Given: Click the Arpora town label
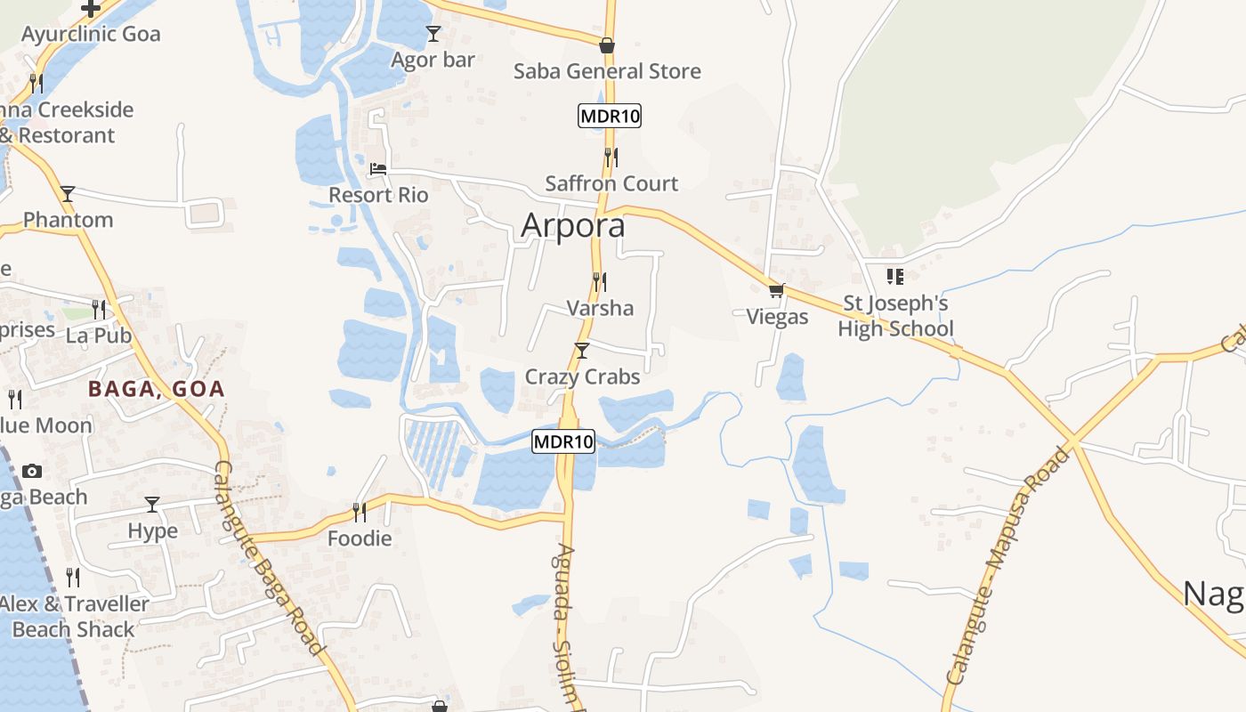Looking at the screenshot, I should [x=572, y=226].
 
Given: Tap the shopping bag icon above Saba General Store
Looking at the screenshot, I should [x=607, y=45].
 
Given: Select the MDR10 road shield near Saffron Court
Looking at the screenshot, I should [x=610, y=116].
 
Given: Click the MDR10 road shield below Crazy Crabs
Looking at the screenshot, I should [x=563, y=441].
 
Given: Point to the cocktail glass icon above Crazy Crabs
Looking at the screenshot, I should [x=582, y=351].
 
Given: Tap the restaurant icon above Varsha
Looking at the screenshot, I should [x=600, y=282].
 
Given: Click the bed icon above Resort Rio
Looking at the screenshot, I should [x=378, y=169].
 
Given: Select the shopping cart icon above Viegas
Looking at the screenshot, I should [x=777, y=291].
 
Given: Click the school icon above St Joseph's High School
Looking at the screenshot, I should [x=894, y=277].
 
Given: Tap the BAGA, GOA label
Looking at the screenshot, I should [x=156, y=389].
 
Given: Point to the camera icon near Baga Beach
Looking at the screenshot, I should [x=32, y=471].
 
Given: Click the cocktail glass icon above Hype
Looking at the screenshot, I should [x=152, y=505].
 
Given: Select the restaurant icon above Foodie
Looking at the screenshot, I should [x=360, y=512].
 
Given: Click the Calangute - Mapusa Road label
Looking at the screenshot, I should [x=1007, y=565].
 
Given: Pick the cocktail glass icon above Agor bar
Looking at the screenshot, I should [x=433, y=34].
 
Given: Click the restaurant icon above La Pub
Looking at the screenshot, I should [x=99, y=309].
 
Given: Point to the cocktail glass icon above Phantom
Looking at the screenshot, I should [x=68, y=193].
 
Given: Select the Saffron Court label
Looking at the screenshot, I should [x=611, y=183].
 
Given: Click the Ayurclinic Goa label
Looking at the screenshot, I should [x=91, y=34].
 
